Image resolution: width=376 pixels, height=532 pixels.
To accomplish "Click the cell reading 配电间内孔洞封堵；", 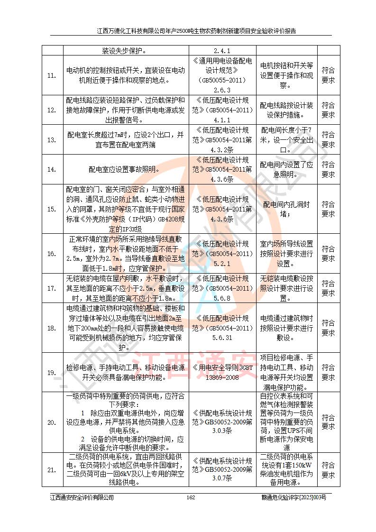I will (287, 209).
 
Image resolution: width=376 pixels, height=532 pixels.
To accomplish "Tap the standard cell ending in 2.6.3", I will (223, 75).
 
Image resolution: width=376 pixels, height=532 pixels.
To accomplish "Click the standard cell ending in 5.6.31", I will (223, 328).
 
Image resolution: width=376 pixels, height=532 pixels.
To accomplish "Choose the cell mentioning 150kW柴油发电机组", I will (287, 469).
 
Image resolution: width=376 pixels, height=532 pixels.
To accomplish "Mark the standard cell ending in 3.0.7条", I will (223, 469).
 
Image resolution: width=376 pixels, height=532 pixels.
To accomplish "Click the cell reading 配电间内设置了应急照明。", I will (287, 169).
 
